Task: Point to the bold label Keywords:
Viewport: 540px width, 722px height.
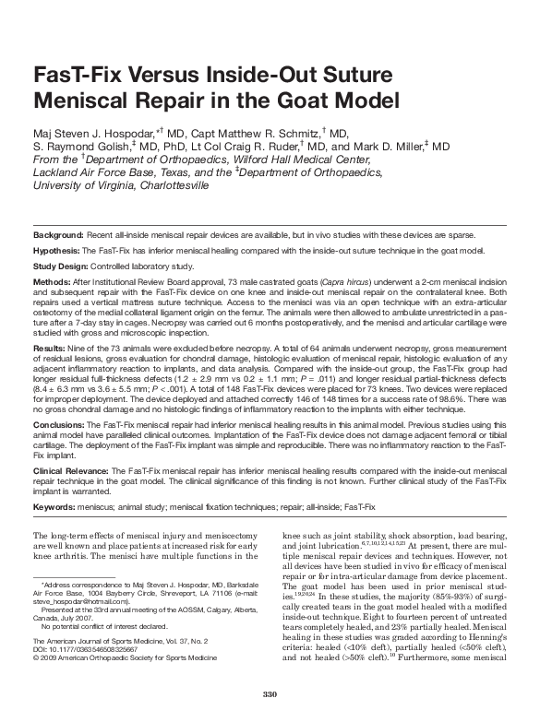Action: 54,507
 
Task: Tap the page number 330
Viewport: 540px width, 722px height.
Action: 270,694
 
